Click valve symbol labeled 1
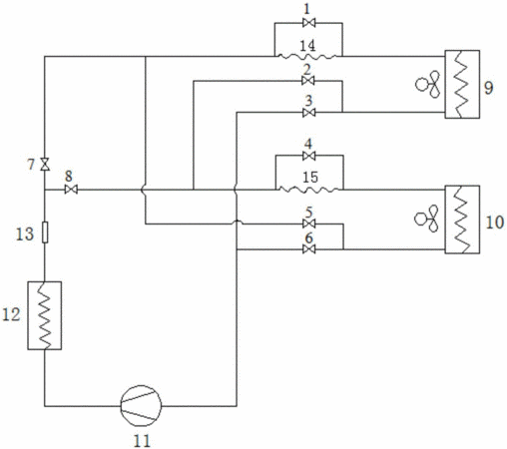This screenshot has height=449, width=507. coord(308,23)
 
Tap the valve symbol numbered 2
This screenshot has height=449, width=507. coord(308,81)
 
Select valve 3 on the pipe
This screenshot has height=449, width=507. coord(309,113)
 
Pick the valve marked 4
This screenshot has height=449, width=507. coord(309,156)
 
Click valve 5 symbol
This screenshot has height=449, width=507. coord(309,224)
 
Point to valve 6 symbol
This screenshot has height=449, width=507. coord(309,249)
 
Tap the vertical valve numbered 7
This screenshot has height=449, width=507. coord(45,164)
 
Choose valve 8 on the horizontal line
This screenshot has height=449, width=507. coord(71,190)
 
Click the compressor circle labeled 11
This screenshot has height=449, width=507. coord(141,406)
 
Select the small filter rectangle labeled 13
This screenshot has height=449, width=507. coord(45,232)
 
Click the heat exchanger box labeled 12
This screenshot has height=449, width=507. coord(45,315)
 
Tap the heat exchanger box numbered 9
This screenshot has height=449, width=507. coord(462,84)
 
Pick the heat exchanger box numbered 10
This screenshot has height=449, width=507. coord(462,220)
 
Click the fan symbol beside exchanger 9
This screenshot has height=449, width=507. coord(428,84)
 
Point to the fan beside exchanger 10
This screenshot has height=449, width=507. coord(426,219)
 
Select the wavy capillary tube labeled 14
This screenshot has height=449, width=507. coord(307,57)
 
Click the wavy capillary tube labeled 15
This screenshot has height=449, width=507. coord(309,190)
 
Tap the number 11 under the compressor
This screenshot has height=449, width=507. coord(142,441)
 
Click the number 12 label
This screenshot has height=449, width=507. coord(11,314)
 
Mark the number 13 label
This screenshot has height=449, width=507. coord(25,233)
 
